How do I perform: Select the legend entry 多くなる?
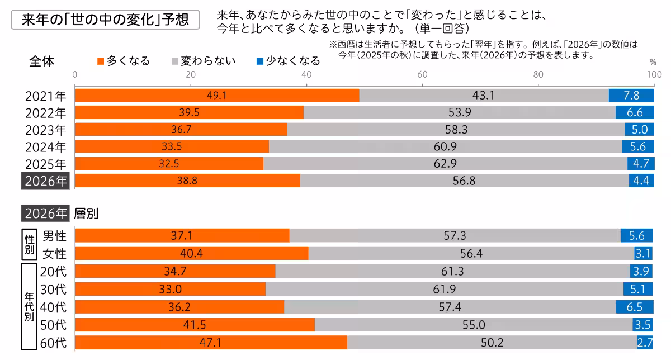click(x=124, y=61)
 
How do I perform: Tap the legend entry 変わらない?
click(x=204, y=61)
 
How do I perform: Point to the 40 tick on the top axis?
click(x=306, y=75)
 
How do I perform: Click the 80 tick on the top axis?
click(x=538, y=75)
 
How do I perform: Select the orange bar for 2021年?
click(x=217, y=96)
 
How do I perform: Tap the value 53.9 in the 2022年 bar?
click(x=459, y=112)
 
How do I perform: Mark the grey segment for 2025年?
click(x=445, y=164)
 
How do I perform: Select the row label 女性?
click(x=54, y=254)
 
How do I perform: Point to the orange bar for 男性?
click(x=182, y=236)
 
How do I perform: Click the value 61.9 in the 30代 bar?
click(x=445, y=289)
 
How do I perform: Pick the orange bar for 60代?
click(x=211, y=342)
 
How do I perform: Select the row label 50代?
click(x=54, y=325)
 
